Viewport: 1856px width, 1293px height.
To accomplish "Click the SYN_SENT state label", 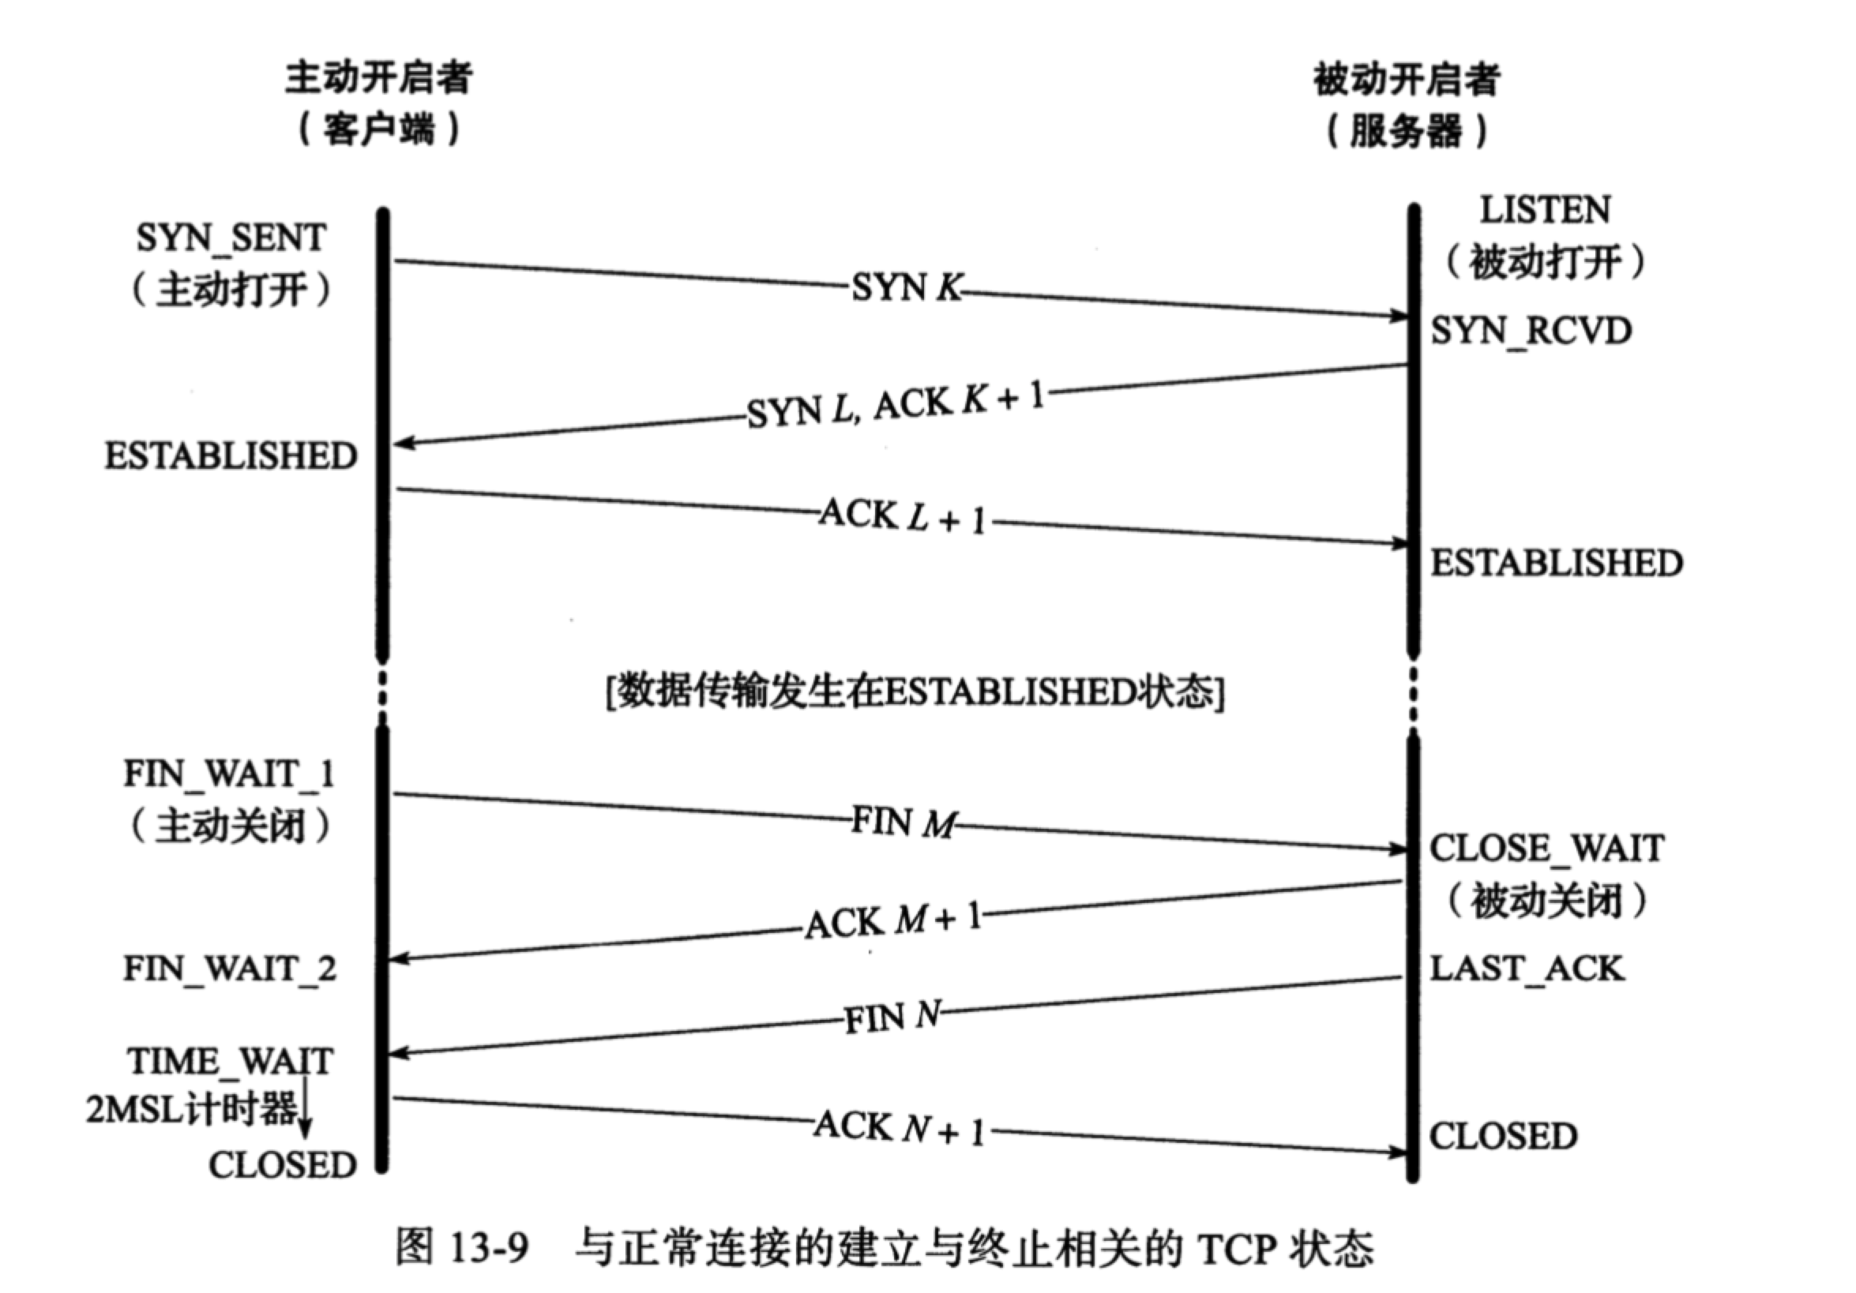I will [x=231, y=238].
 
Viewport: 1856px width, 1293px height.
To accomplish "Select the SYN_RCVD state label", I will [x=1531, y=332].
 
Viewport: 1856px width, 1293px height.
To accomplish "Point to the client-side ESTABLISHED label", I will [x=231, y=456].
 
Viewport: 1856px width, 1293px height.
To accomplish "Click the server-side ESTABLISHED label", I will [x=1556, y=564].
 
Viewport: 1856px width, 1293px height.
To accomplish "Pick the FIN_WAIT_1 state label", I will [x=229, y=774].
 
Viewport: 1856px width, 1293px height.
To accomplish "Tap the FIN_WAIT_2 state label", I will [x=230, y=968].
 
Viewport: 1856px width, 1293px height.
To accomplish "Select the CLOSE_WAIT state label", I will [x=1546, y=849].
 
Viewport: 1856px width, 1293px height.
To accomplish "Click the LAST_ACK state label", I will [x=1526, y=968].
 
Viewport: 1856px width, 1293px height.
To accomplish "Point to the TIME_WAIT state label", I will [x=230, y=1062].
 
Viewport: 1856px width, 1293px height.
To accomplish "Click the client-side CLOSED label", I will [x=282, y=1165].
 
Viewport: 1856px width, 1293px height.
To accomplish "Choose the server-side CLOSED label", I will [x=1503, y=1136].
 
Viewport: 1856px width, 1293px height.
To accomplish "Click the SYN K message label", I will [x=906, y=287].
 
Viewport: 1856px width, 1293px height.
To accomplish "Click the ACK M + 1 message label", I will [x=893, y=921].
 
